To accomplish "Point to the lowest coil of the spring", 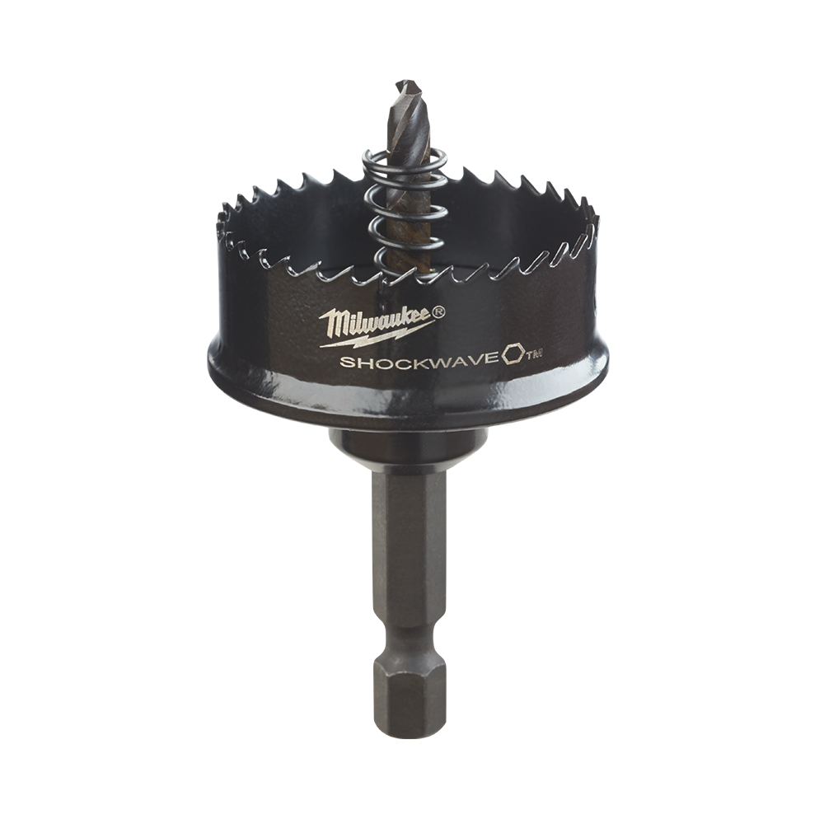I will coord(397,263).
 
